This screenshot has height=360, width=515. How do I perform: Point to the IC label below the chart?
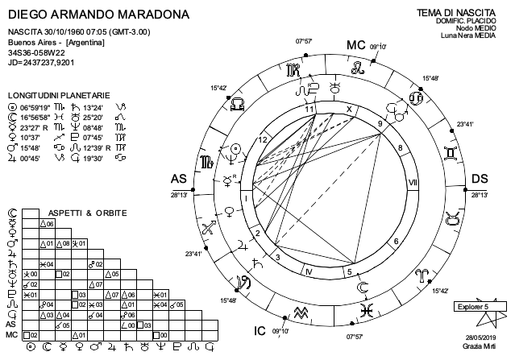[x=260, y=331]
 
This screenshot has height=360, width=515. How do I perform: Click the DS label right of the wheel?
[x=480, y=179]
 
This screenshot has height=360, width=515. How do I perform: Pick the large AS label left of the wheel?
[x=180, y=179]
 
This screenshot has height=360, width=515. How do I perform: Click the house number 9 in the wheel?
[x=379, y=122]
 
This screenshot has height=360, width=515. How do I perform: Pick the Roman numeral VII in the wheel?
[x=412, y=182]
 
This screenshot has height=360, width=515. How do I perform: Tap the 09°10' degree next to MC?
[x=379, y=48]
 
